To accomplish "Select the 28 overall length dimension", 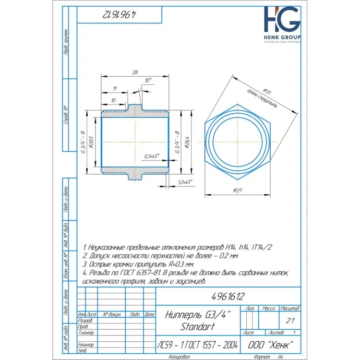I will (x=134, y=72).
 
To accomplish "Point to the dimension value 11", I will (x=114, y=89).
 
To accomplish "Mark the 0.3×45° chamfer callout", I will (x=151, y=156).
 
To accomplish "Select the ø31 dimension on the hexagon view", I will (x=267, y=90).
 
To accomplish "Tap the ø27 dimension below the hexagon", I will (x=237, y=192).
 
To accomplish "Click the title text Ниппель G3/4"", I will (x=198, y=315).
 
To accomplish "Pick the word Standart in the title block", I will (x=198, y=327).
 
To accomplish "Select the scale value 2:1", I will (x=289, y=320).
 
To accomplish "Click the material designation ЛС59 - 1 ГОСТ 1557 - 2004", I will (x=198, y=345).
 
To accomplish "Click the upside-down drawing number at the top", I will (x=118, y=15).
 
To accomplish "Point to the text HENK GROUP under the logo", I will (x=282, y=37).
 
